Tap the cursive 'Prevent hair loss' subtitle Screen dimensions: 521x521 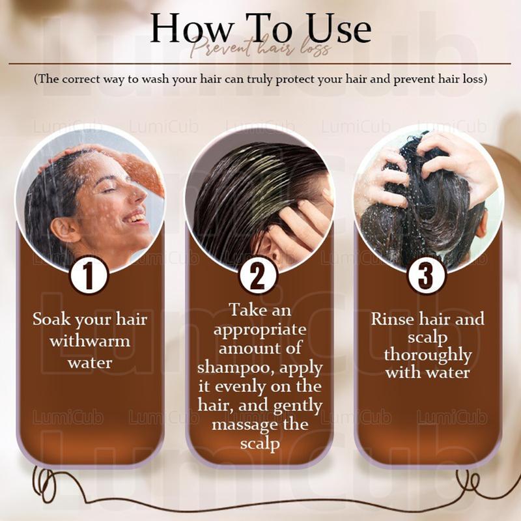pos(261,50)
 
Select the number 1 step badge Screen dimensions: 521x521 pos(89,275)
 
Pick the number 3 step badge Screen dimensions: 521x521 pos(427,275)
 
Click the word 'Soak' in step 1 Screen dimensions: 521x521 pos(51,320)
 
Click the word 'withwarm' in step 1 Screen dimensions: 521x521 pos(90,341)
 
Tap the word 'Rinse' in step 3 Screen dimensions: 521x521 pos(393,320)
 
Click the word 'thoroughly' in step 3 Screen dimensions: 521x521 pos(428,356)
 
